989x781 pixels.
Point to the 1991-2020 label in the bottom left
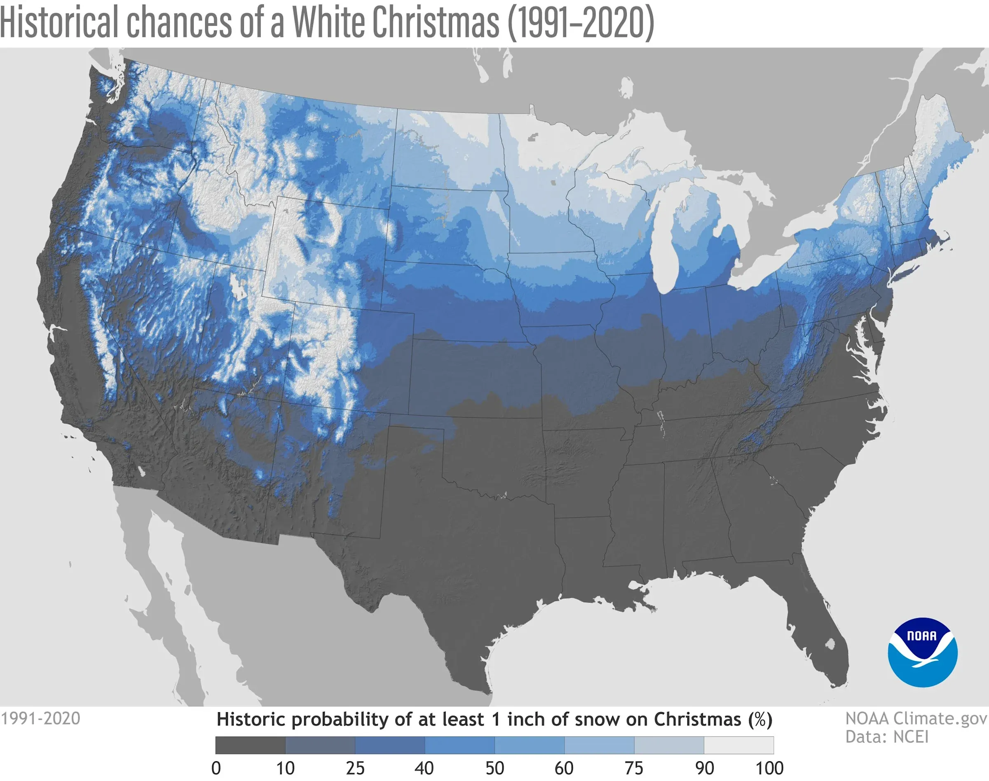coord(40,718)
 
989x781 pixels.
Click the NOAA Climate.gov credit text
coord(916,718)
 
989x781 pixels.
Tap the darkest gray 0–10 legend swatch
coord(250,745)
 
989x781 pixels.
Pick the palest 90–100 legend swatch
coord(738,745)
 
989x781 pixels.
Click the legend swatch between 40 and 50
coord(459,745)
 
